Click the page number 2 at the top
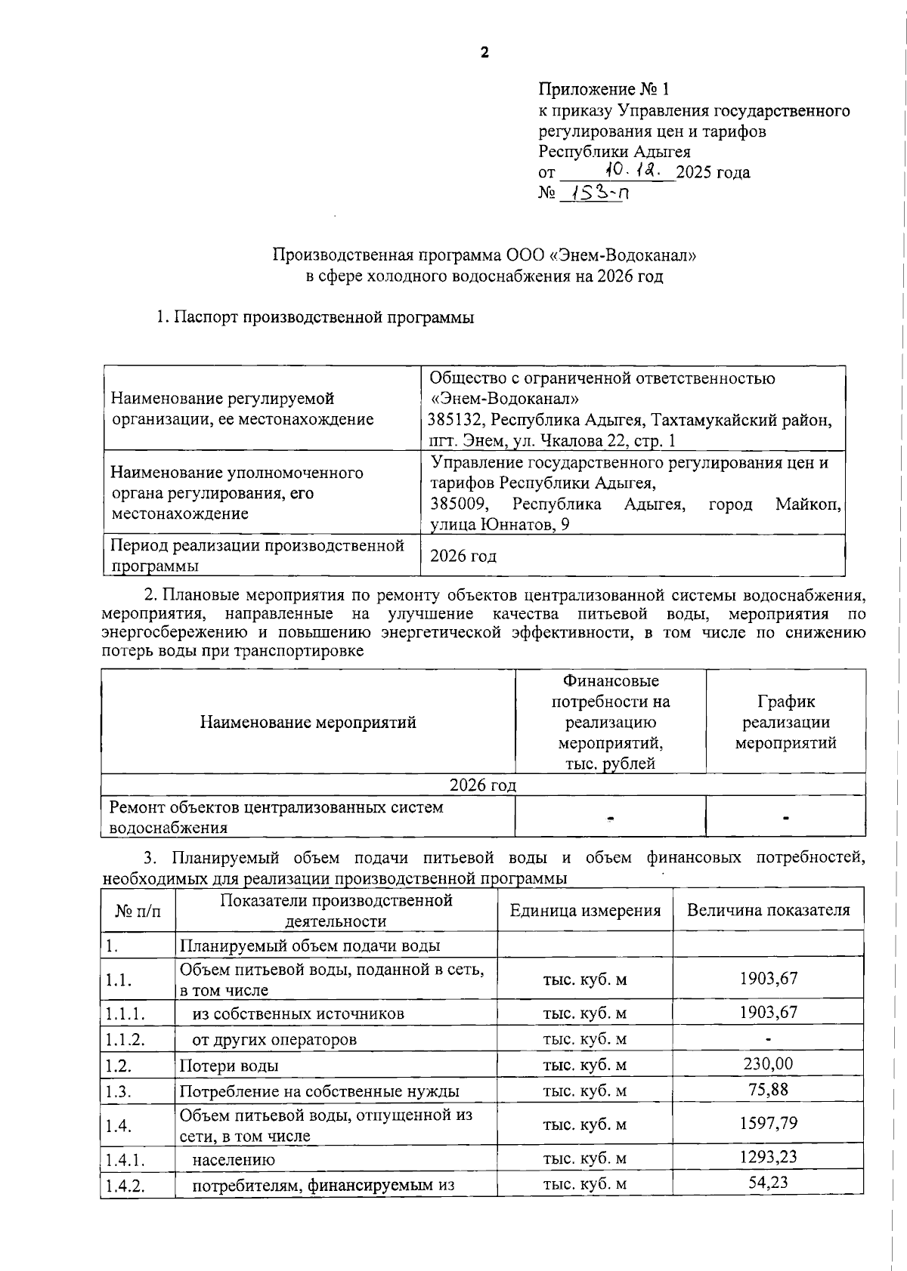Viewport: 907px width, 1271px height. [x=484, y=52]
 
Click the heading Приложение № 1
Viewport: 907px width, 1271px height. [x=603, y=90]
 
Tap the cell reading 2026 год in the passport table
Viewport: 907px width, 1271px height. [x=463, y=557]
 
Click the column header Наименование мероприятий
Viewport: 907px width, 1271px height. [x=308, y=722]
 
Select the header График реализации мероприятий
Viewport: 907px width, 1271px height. [x=785, y=722]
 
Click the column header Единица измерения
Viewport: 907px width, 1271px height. [x=585, y=911]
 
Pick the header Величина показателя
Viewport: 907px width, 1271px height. [x=768, y=911]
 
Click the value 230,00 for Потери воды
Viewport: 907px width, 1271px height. [x=768, y=1064]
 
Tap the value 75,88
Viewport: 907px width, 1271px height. [x=768, y=1090]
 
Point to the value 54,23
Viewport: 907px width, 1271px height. [x=768, y=1183]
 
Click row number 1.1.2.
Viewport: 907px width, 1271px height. [x=125, y=1039]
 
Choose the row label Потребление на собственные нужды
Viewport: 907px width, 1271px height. [x=319, y=1091]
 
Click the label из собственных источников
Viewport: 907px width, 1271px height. [x=298, y=1013]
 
